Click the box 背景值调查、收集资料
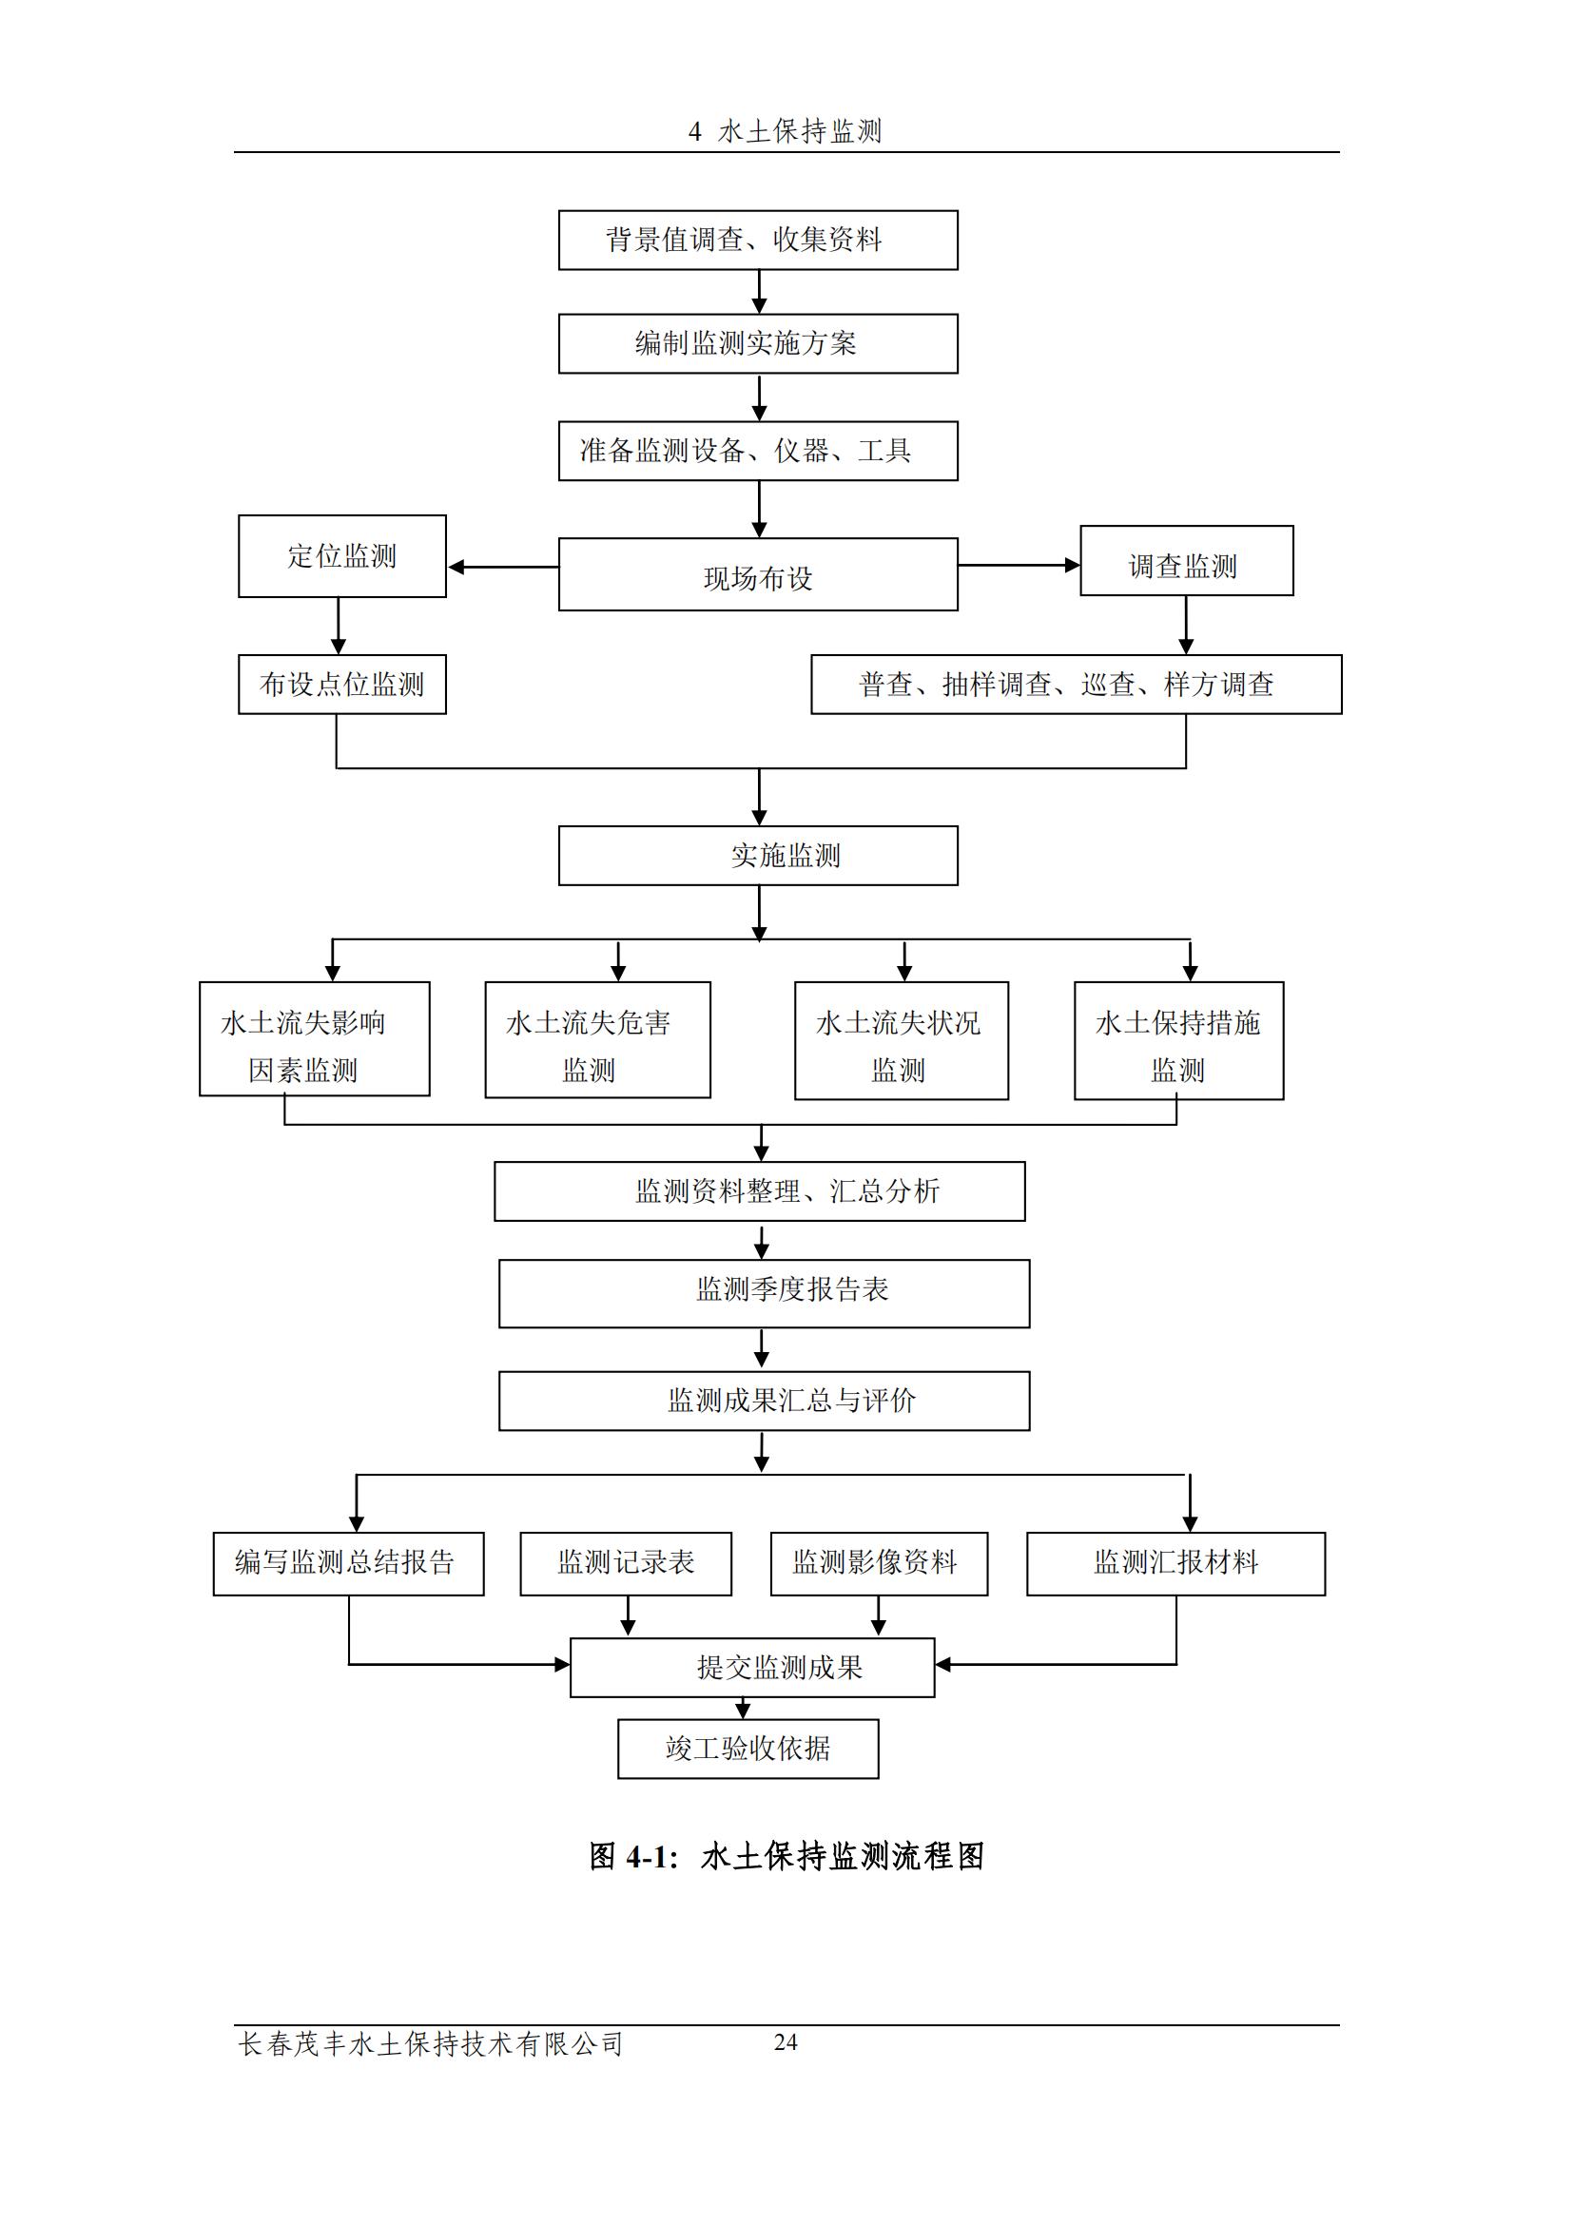[757, 241]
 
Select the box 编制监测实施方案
[757, 343]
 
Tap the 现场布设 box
[757, 574]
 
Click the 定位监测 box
[342, 556]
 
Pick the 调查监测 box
[1186, 561]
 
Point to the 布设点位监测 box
[342, 685]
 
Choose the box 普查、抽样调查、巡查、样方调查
[1076, 685]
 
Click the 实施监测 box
[757, 856]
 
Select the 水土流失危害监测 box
[596, 1039]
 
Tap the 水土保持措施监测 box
[1177, 1040]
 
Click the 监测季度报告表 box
[764, 1293]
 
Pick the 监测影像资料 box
[879, 1563]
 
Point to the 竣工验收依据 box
[748, 1749]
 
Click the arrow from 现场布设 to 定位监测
[502, 567]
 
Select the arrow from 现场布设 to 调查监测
[1018, 565]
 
